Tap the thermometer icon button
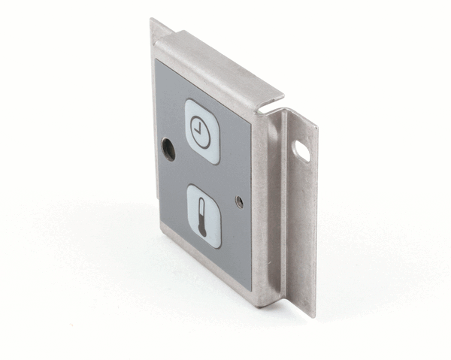coord(204,215)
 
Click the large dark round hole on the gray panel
coord(169,150)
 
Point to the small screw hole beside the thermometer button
coord(239,201)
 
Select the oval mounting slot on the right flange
coord(301,150)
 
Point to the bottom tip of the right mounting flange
coord(312,312)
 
